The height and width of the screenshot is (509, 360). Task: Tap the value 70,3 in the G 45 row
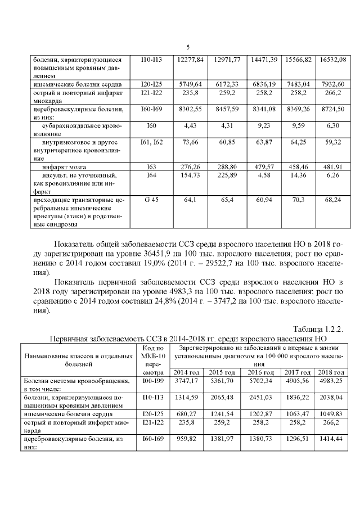(x=298, y=200)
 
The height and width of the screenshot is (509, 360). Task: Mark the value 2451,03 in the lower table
(x=261, y=397)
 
